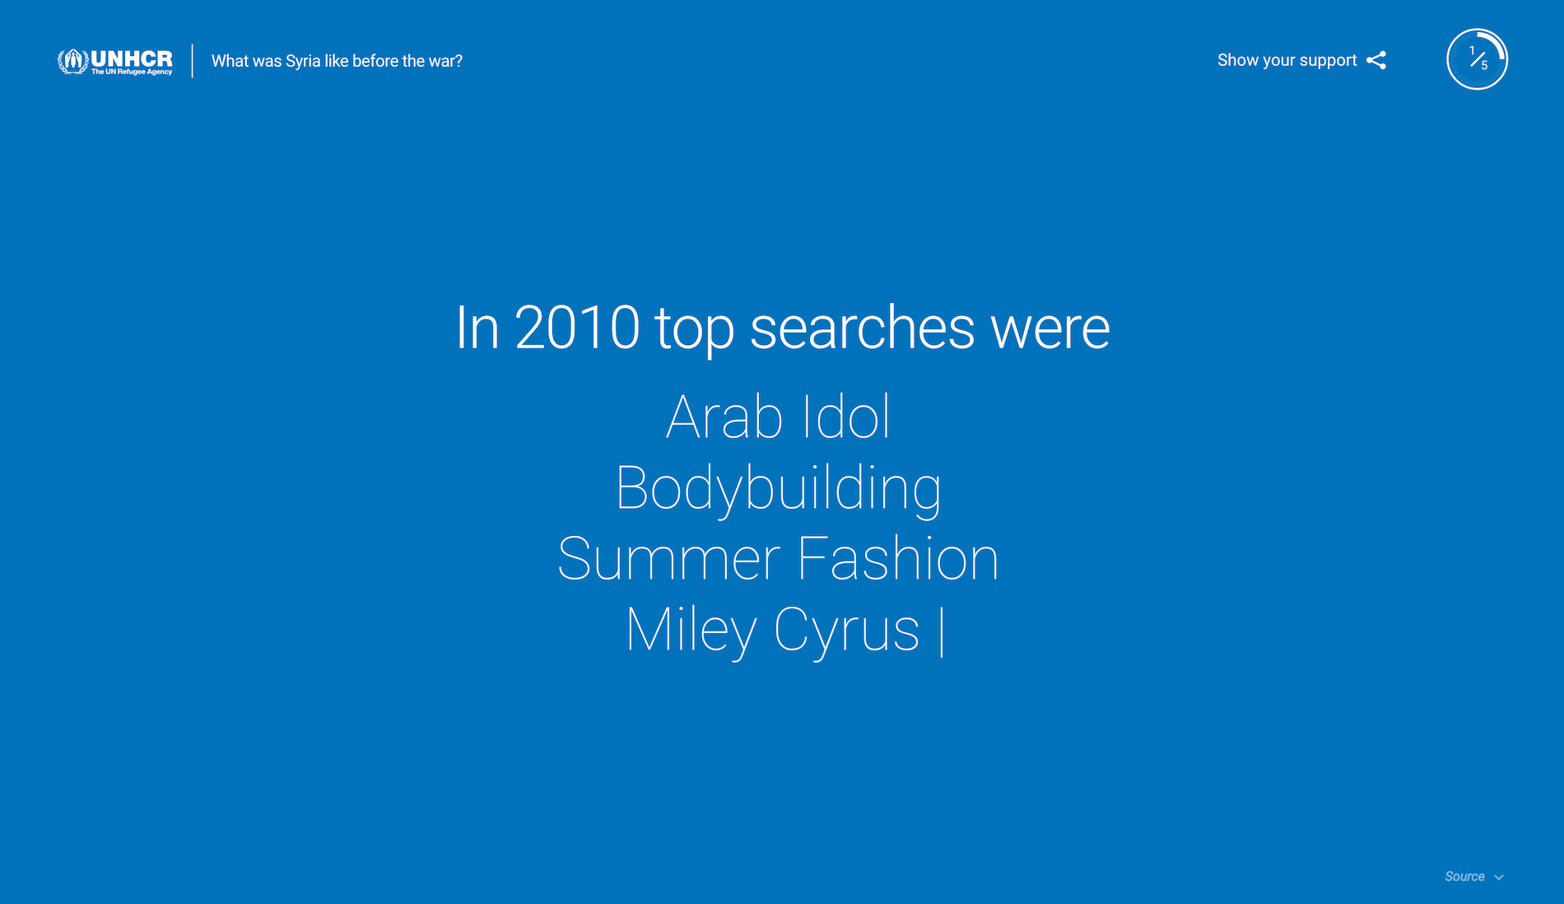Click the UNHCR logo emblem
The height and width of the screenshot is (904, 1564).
(x=72, y=61)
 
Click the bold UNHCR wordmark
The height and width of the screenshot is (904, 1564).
(x=132, y=58)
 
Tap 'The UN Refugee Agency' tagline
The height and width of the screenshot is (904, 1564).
(x=132, y=72)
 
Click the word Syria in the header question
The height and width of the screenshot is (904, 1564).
(x=303, y=62)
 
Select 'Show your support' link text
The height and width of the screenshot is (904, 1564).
(x=1287, y=60)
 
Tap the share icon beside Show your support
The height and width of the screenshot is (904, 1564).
(x=1376, y=60)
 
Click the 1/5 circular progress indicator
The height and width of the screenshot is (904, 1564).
(x=1478, y=59)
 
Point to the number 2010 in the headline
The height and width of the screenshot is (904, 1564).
(x=577, y=328)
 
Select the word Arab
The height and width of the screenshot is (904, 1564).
(x=724, y=417)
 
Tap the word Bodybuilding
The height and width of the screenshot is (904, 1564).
(x=779, y=489)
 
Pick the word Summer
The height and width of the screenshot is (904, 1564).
(x=668, y=559)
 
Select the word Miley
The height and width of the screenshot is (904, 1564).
(x=691, y=631)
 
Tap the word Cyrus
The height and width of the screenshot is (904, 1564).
(x=846, y=631)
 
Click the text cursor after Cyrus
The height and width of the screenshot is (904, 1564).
(x=942, y=631)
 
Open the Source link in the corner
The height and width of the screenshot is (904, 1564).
(x=1464, y=877)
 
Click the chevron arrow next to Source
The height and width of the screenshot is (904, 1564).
(x=1499, y=878)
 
